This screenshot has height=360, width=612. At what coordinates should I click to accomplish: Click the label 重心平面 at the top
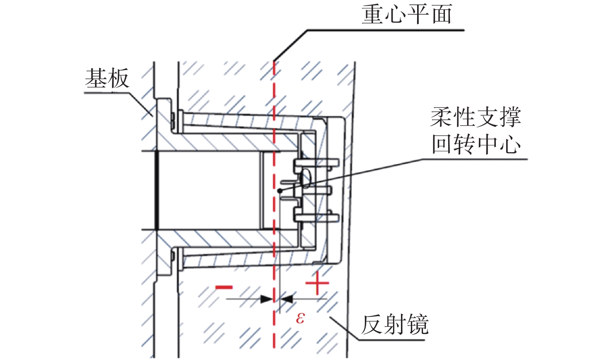click(406, 15)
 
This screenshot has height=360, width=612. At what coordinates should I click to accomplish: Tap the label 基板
click(107, 78)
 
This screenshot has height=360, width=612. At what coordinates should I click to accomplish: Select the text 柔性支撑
click(476, 118)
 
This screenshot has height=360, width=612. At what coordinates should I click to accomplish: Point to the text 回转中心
click(476, 144)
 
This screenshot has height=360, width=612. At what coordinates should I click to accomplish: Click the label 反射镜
click(394, 324)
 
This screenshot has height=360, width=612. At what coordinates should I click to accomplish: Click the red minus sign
click(224, 287)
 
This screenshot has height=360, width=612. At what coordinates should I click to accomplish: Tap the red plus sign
click(317, 284)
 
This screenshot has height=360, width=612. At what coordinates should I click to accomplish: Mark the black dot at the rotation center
click(280, 191)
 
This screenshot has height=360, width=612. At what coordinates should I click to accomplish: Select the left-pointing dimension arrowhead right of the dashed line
click(287, 299)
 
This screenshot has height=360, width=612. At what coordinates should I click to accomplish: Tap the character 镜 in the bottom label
click(418, 324)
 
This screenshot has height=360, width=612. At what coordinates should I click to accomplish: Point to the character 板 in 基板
click(119, 78)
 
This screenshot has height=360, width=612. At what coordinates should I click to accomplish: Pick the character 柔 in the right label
click(442, 118)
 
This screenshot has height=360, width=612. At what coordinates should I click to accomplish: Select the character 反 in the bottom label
click(372, 324)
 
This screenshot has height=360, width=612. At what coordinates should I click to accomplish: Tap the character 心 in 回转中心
click(510, 144)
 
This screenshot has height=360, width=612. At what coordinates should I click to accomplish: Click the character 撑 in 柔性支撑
click(510, 118)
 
